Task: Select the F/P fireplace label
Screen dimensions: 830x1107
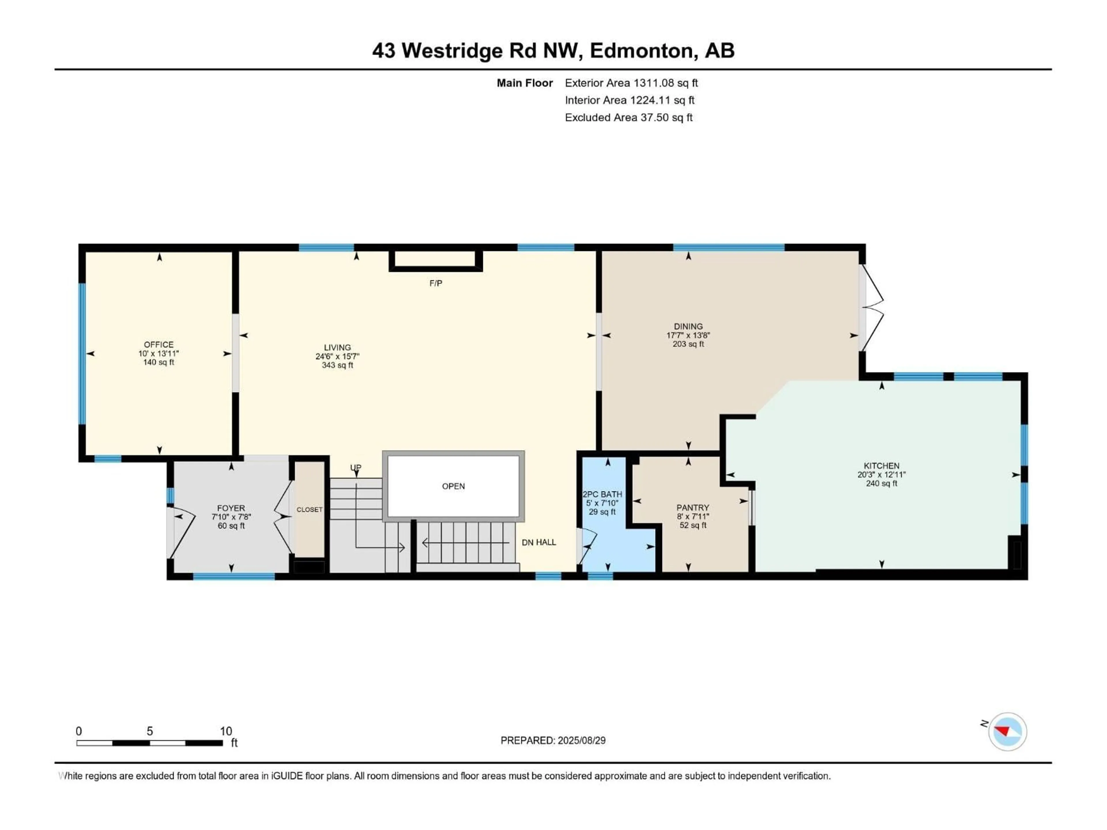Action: pyautogui.click(x=435, y=284)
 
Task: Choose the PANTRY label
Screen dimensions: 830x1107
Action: pyautogui.click(x=693, y=507)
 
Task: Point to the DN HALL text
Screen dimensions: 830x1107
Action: pyautogui.click(x=539, y=542)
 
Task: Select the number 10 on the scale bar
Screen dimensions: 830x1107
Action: pyautogui.click(x=226, y=731)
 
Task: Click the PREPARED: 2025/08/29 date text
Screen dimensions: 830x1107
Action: pyautogui.click(x=553, y=740)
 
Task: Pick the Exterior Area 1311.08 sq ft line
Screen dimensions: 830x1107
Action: pyautogui.click(x=631, y=83)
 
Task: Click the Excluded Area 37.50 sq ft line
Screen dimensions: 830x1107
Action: pyautogui.click(x=628, y=118)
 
